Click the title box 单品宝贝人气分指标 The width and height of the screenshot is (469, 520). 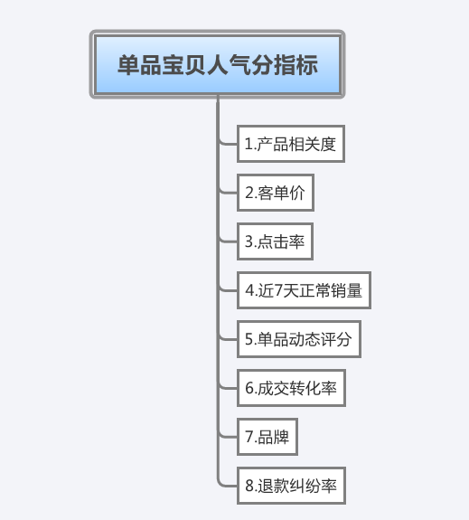(218, 64)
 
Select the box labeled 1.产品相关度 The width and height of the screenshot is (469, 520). (291, 144)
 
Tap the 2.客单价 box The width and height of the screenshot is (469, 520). (276, 193)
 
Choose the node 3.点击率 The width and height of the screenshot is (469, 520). (275, 241)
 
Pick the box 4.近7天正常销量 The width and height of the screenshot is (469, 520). (304, 290)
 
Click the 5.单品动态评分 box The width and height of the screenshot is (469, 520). (299, 339)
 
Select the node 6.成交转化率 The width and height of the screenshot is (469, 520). (291, 388)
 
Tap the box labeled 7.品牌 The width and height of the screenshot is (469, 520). (267, 437)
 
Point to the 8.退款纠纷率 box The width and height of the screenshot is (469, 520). (291, 486)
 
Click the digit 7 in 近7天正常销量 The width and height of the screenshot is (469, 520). (278, 290)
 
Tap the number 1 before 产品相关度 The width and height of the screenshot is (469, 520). (248, 144)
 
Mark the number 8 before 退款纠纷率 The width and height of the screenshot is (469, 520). (249, 486)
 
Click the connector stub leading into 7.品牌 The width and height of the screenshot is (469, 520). (229, 437)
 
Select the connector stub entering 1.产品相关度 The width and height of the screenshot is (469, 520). (229, 144)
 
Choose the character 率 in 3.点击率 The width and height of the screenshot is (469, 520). (296, 241)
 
